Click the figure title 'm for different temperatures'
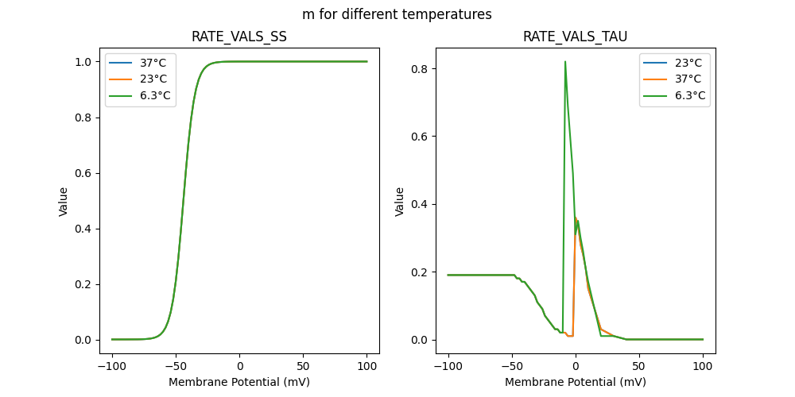397,14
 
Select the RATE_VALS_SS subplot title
239,37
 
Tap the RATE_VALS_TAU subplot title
576,37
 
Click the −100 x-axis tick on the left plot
111,368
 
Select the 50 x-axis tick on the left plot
303,368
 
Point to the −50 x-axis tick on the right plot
511,368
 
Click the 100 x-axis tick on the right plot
703,368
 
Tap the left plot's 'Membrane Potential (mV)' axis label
239,382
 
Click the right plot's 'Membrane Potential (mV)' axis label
576,382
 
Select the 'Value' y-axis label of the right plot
400,202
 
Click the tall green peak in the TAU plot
565,62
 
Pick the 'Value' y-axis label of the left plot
64,202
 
